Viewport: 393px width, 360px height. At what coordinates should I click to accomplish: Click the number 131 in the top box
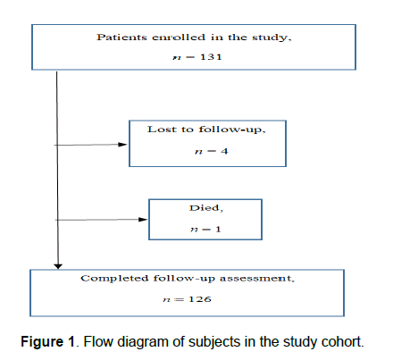(x=211, y=56)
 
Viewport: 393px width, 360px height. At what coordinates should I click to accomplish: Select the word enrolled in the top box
(x=179, y=38)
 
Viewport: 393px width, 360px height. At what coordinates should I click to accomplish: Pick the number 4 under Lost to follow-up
(x=224, y=151)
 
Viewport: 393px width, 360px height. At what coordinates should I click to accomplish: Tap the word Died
(x=205, y=208)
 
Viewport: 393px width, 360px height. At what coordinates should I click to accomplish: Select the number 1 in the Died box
(x=218, y=229)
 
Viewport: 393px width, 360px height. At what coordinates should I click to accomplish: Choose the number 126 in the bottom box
(x=200, y=299)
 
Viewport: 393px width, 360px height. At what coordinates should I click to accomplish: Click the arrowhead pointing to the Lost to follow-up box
(x=122, y=145)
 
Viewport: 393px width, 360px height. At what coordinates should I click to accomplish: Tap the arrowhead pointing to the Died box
(x=143, y=220)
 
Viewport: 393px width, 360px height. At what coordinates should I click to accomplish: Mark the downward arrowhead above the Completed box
(x=58, y=266)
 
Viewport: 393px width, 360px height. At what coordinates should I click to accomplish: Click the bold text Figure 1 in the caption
(x=47, y=341)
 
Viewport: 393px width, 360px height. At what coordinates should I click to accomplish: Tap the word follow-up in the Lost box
(x=231, y=130)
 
